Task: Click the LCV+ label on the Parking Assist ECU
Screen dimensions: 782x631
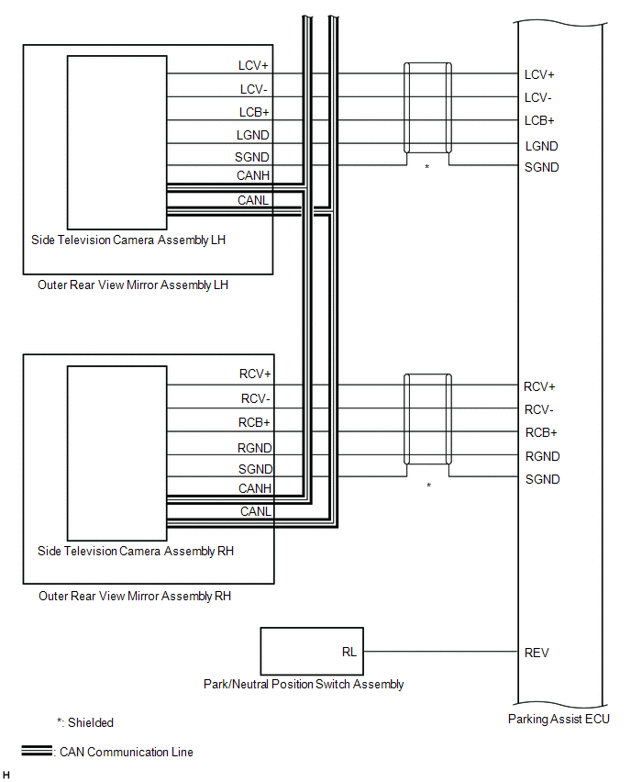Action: (539, 74)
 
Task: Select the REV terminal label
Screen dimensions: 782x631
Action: (537, 653)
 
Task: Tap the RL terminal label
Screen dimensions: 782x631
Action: (349, 653)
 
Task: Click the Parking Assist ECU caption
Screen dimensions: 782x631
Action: (559, 719)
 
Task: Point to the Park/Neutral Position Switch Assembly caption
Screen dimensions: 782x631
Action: (304, 684)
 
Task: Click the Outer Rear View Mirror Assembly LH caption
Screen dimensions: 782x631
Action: (133, 285)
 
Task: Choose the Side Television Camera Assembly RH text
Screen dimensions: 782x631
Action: (136, 551)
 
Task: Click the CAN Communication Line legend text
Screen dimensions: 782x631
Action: (127, 752)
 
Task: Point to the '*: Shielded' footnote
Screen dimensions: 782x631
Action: (85, 722)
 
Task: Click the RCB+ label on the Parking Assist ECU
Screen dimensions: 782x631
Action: (540, 432)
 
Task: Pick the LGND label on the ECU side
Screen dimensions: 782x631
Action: (541, 145)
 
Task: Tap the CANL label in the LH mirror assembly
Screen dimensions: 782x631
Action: (253, 199)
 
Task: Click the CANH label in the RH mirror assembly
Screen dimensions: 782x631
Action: (254, 488)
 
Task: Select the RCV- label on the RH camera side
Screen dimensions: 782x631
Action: (256, 398)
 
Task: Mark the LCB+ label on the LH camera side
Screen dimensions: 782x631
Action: (253, 112)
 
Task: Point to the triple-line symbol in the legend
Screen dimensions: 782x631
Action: (37, 751)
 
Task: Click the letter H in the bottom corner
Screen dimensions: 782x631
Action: (6, 776)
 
